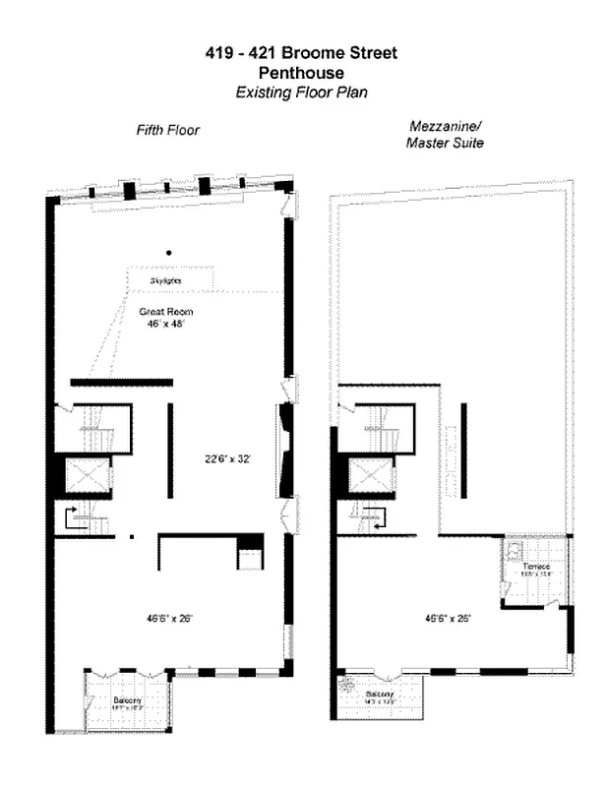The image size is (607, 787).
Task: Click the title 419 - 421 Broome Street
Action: tap(302, 53)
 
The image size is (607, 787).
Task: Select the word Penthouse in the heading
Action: tap(302, 73)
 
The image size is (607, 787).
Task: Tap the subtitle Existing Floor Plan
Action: tap(302, 92)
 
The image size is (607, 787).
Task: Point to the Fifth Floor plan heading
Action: tap(167, 130)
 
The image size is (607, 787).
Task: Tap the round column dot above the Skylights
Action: tap(168, 252)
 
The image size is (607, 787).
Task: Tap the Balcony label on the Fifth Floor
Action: tap(127, 699)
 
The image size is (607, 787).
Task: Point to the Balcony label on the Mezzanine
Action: tap(382, 694)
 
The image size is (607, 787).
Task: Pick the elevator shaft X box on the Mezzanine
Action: tap(370, 477)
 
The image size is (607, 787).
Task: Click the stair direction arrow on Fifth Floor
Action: tap(71, 517)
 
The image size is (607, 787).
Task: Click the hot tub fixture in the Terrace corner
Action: tap(515, 550)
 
